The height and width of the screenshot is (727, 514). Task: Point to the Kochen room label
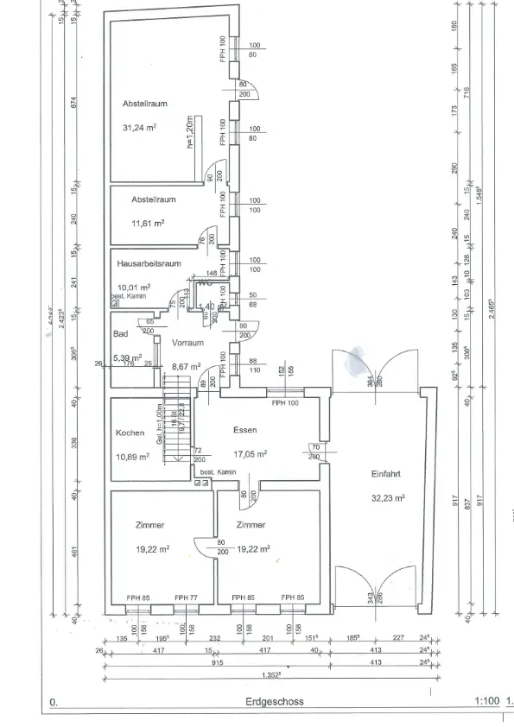[130, 433]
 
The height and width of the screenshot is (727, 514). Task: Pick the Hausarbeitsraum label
[149, 263]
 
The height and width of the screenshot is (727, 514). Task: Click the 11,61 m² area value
[148, 222]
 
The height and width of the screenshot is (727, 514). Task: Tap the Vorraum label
[187, 342]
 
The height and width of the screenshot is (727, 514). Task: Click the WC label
[205, 281]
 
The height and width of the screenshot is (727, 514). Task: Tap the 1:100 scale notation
[487, 703]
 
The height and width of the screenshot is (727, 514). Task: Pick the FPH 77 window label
[187, 597]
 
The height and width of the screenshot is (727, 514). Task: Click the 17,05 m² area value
[247, 452]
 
